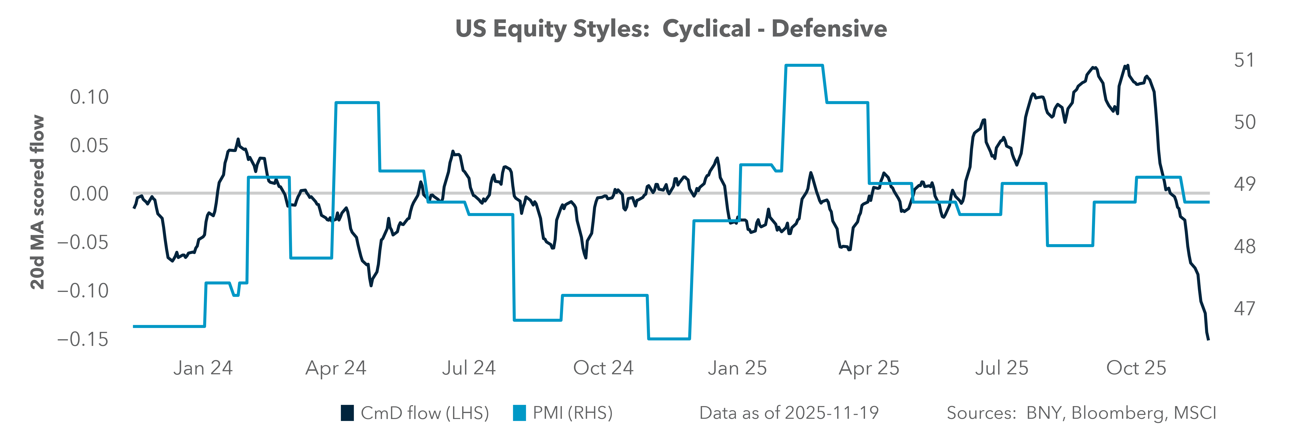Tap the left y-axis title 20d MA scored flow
38,202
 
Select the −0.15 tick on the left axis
83,339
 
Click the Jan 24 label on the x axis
203,368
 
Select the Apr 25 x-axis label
869,368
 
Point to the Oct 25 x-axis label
1136,368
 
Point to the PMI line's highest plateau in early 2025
804,65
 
